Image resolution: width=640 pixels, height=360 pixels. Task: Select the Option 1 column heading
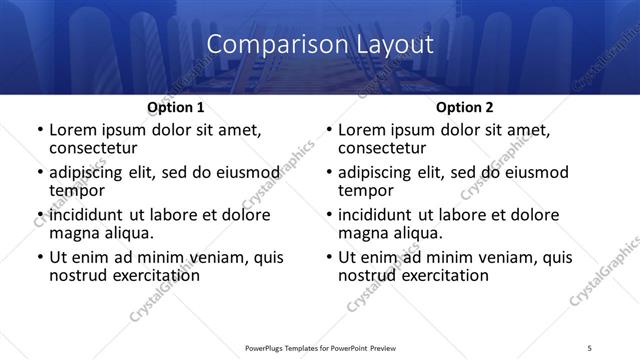click(176, 107)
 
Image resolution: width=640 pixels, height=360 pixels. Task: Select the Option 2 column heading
click(464, 107)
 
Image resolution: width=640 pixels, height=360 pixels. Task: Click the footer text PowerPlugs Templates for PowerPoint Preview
click(319, 348)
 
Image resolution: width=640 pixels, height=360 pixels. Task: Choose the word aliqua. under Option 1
click(126, 233)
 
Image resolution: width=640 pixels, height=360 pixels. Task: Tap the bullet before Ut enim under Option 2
click(328, 257)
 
